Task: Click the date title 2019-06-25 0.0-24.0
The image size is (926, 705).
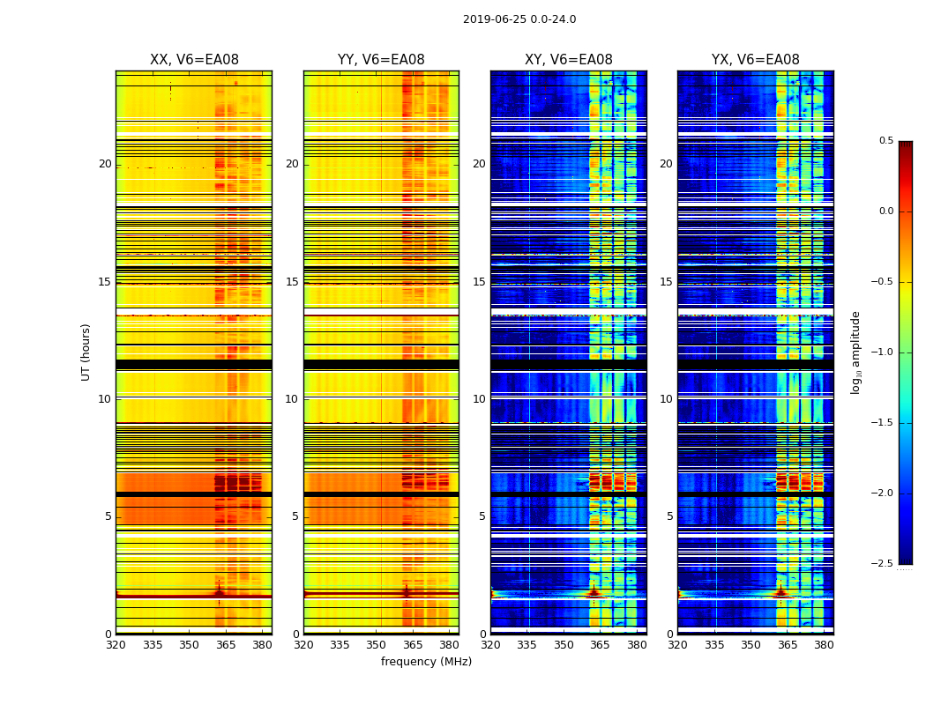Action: click(519, 19)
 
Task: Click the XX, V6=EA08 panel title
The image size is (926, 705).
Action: click(194, 60)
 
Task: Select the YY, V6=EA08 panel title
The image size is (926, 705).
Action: click(381, 60)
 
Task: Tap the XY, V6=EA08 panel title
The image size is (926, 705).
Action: click(569, 60)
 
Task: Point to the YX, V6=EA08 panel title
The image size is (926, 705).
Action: click(756, 60)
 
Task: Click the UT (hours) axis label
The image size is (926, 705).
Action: click(86, 352)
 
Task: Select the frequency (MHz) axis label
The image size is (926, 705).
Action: click(426, 662)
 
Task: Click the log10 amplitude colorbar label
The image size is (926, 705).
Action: click(856, 352)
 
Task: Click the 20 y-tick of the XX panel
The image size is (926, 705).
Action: click(105, 164)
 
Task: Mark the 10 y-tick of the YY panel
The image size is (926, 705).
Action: click(292, 399)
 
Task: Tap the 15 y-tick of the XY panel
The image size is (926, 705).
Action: click(479, 282)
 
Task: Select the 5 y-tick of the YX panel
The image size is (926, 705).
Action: click(669, 516)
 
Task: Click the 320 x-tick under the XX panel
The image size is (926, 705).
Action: click(116, 645)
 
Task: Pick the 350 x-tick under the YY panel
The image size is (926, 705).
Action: click(377, 645)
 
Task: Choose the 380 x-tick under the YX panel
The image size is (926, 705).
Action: click(824, 645)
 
